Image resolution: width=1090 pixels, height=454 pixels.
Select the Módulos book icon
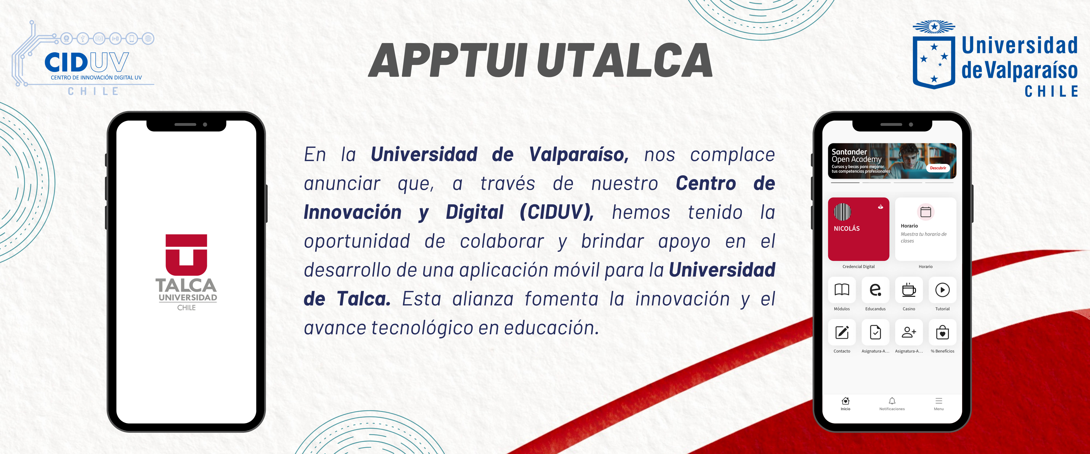(x=842, y=290)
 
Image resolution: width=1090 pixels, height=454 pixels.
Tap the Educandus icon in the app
(x=875, y=290)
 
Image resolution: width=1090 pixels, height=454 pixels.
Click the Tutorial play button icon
(x=942, y=290)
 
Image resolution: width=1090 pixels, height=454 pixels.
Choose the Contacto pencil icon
(x=842, y=332)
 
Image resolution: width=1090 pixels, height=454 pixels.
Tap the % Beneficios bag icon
(x=942, y=332)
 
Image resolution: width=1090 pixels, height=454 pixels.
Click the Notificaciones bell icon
(x=892, y=401)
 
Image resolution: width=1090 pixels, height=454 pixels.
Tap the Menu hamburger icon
(x=938, y=401)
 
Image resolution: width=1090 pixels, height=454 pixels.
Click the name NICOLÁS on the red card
(x=847, y=228)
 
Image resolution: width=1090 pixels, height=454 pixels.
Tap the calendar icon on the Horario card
(x=925, y=212)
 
